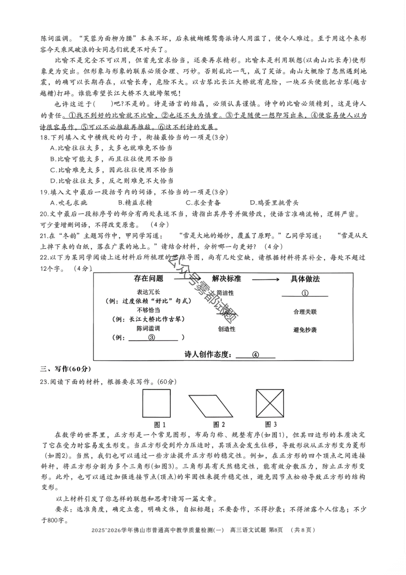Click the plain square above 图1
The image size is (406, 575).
click(156, 403)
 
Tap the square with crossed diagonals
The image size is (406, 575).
click(270, 403)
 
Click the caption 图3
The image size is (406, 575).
click(271, 424)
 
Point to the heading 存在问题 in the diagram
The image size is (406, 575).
click(148, 279)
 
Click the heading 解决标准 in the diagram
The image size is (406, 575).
click(226, 279)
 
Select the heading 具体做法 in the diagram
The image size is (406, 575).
click(305, 279)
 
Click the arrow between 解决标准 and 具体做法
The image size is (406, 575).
click(265, 279)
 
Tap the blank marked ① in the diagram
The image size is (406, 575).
click(305, 293)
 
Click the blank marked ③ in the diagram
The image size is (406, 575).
click(152, 337)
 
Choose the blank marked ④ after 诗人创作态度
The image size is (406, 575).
click(256, 355)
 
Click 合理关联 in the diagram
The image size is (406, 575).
click(305, 312)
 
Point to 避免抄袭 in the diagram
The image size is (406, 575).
click(305, 330)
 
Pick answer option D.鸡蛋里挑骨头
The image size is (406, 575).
click(274, 203)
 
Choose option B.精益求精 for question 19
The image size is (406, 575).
click(135, 203)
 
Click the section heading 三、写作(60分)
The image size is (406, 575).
click(66, 369)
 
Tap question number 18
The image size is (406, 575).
click(45, 137)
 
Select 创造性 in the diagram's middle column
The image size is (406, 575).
click(227, 329)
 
